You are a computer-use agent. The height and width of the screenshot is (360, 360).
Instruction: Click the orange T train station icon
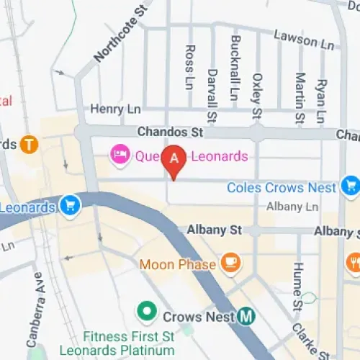(x=30, y=144)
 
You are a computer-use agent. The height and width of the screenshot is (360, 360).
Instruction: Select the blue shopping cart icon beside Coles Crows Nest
(x=351, y=186)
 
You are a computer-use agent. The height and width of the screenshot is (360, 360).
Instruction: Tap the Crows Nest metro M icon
(x=248, y=316)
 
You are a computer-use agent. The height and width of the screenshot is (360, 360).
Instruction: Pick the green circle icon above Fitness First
(x=147, y=312)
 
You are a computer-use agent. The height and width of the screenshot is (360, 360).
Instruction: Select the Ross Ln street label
(x=189, y=67)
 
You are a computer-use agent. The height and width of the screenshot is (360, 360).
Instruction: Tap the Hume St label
(x=296, y=287)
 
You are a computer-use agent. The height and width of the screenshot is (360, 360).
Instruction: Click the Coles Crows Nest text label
(x=282, y=187)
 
